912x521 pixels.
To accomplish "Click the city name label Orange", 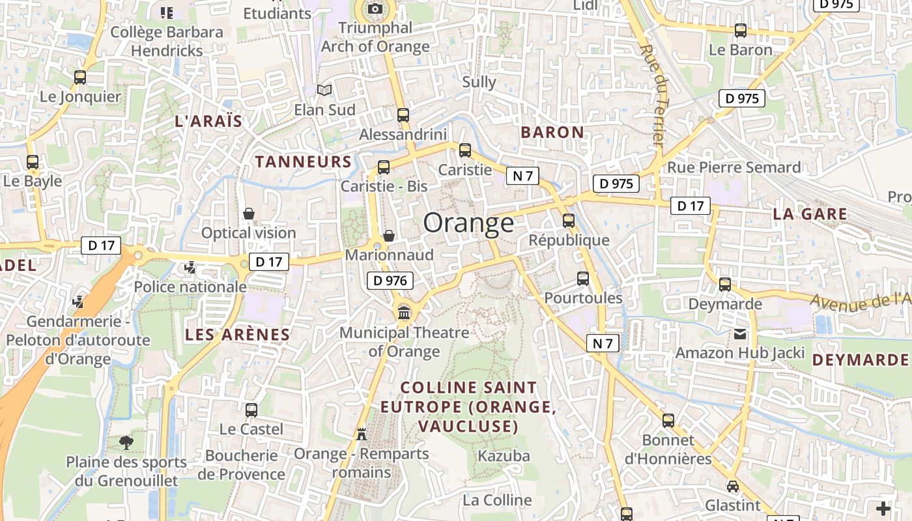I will point(468,223).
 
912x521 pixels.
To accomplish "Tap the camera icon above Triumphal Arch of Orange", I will point(375,8).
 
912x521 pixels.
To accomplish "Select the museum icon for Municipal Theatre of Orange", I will point(404,313).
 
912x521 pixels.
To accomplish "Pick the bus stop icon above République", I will point(569,221).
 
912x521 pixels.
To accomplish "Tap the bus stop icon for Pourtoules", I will point(583,279).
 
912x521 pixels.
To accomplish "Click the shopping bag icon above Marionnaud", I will point(389,235).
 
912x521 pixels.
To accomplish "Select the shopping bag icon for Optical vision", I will point(249,214).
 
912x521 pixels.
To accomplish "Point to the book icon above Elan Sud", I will point(324,91).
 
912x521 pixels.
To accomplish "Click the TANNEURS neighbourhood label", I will point(303,162).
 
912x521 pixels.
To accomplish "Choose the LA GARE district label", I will point(810,214).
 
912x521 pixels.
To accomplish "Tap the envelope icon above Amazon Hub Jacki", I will point(740,334).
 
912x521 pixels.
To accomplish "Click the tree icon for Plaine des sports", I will point(126,443).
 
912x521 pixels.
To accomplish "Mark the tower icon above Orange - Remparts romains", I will point(362,434).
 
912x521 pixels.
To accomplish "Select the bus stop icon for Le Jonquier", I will point(80,77).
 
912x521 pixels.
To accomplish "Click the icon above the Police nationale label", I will point(190,267).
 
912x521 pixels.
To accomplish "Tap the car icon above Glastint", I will point(733,486).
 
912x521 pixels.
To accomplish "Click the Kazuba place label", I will point(504,455).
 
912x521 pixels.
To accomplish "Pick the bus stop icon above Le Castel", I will point(251,410).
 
